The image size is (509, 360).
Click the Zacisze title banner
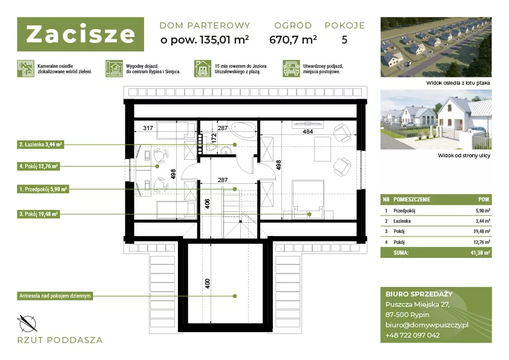(80, 34)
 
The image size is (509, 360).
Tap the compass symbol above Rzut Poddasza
(27, 323)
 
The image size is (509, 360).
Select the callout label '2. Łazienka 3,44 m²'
(41, 145)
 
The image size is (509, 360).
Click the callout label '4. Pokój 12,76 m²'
(38, 166)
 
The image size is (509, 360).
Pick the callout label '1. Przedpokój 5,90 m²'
(43, 189)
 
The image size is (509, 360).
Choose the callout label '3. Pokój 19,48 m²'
(38, 214)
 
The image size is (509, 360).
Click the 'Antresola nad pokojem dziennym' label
(55, 296)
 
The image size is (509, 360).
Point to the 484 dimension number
(307, 131)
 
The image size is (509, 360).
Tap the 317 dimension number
(148, 128)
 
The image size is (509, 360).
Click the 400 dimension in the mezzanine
(208, 283)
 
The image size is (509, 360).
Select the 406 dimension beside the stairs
(208, 203)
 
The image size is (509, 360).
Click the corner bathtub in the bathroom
(243, 130)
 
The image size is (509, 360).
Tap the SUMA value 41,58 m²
(480, 252)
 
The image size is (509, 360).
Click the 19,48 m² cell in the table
(482, 232)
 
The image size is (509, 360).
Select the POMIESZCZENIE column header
(412, 199)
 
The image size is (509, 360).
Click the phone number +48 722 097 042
(412, 335)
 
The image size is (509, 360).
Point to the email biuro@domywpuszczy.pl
(427, 325)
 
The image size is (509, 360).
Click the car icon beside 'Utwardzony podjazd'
(291, 68)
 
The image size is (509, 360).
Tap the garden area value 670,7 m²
(293, 39)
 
